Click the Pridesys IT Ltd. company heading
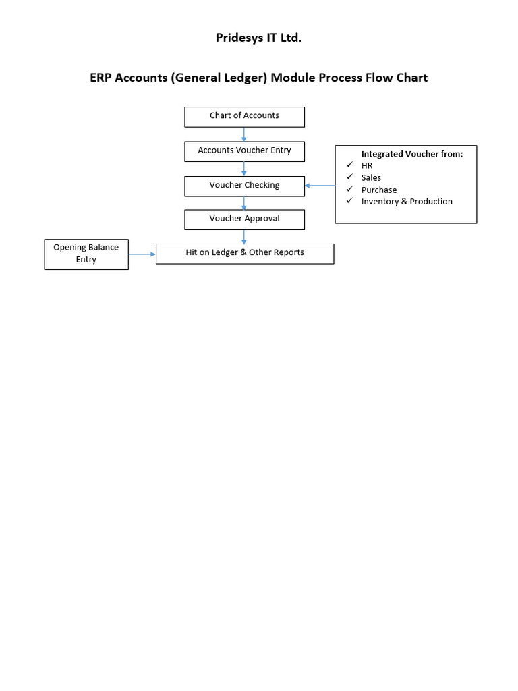[258, 38]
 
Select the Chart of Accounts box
[244, 116]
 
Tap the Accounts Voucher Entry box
[244, 151]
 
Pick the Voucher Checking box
[244, 186]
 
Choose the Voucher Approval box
[244, 219]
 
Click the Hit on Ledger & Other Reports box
[244, 253]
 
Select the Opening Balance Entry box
[86, 254]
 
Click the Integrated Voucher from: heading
[411, 154]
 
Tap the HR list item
[367, 166]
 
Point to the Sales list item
[371, 178]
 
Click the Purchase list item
[378, 190]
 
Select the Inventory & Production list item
[407, 202]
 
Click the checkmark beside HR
[349, 165]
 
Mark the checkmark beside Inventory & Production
[349, 201]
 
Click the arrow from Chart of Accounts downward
[244, 134]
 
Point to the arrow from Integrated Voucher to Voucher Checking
[320, 186]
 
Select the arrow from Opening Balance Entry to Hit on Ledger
[142, 254]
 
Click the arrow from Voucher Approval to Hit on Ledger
[244, 237]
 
